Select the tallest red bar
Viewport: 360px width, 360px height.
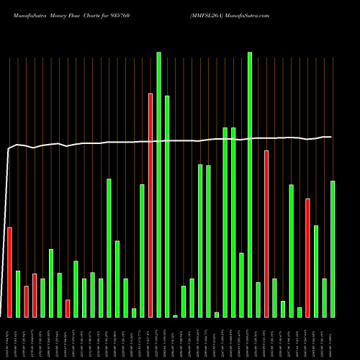click(150, 205)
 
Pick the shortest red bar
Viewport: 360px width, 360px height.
click(68, 308)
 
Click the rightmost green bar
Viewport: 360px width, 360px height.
click(333, 249)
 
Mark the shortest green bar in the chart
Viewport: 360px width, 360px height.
click(175, 316)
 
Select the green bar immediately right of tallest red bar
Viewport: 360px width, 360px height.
click(158, 184)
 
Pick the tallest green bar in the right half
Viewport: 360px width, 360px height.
click(250, 184)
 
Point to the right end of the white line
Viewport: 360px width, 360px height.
click(331, 137)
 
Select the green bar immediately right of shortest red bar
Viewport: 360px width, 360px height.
click(76, 289)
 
